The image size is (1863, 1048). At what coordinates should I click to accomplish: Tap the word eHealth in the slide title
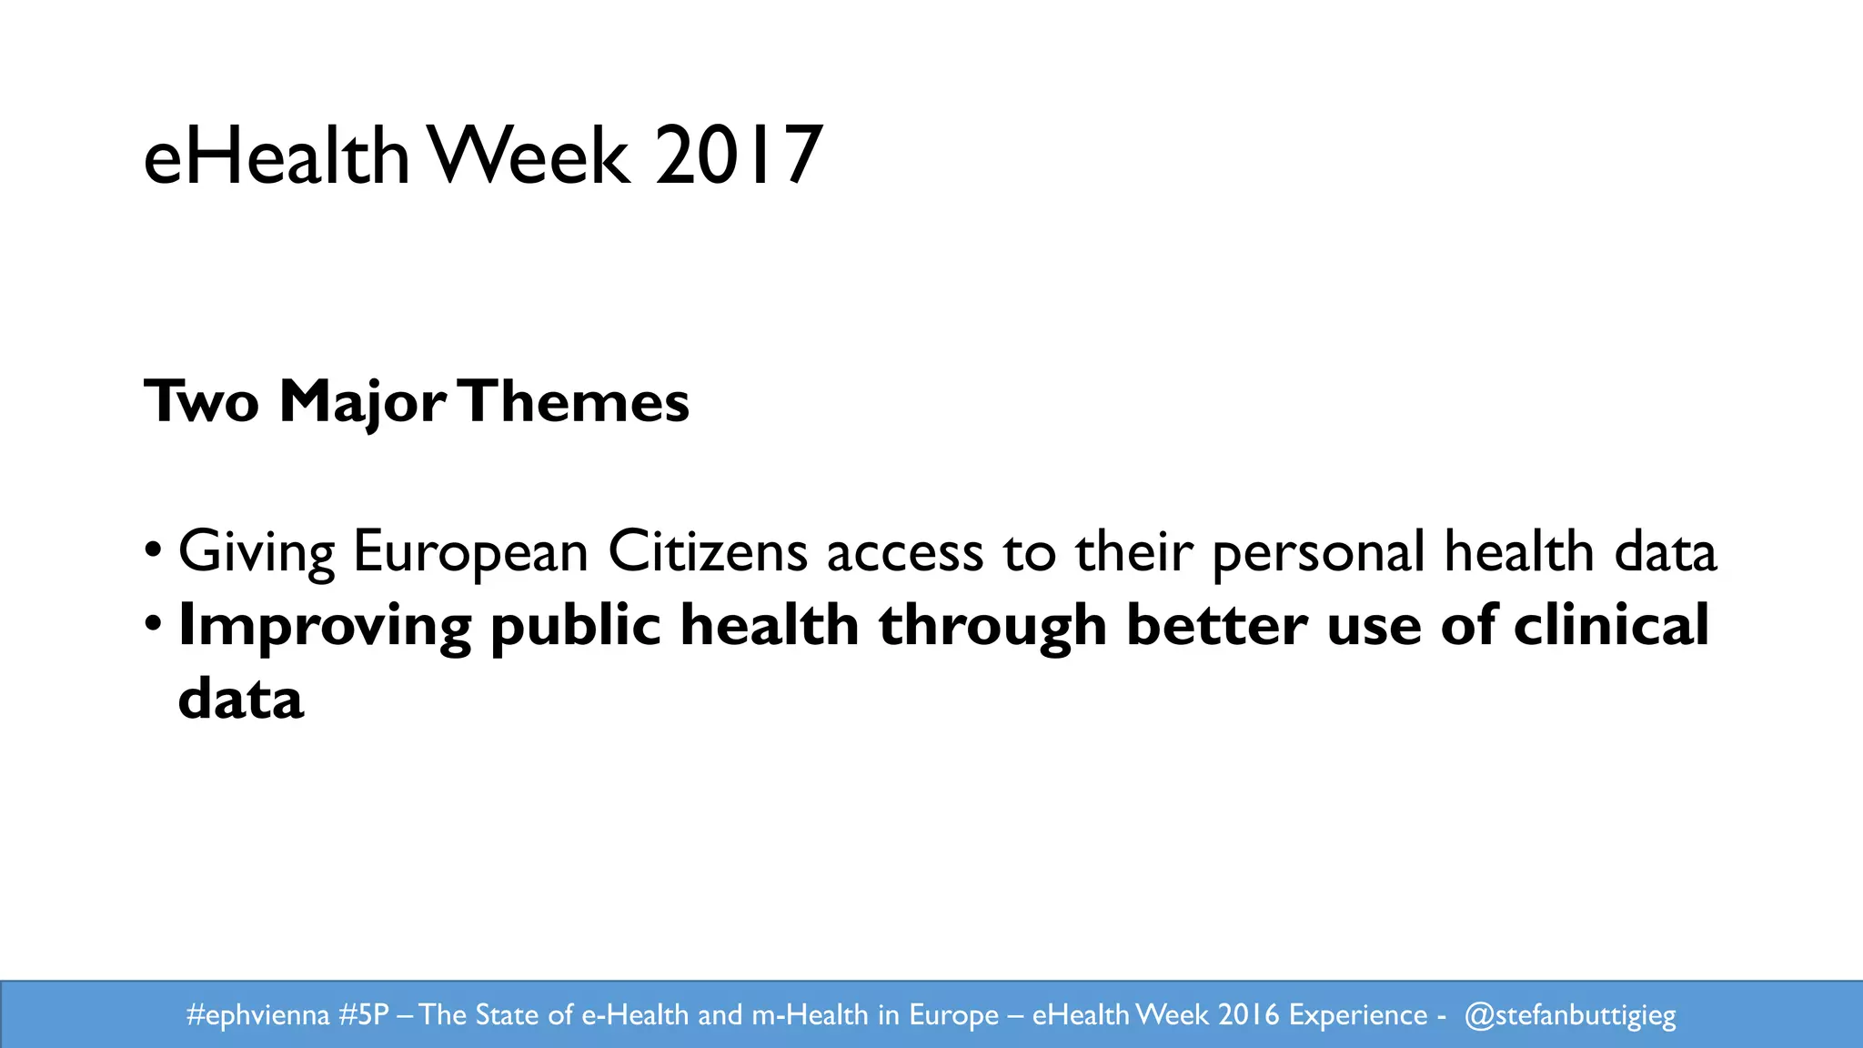tap(277, 156)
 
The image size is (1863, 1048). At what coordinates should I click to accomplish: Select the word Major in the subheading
tap(362, 401)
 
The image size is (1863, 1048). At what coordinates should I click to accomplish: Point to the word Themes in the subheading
tap(577, 401)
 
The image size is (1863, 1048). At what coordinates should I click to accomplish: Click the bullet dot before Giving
tap(154, 550)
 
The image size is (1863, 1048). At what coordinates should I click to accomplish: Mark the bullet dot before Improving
tap(154, 624)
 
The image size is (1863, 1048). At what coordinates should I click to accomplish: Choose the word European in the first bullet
tap(470, 551)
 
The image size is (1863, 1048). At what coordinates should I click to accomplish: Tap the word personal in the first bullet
tap(1318, 553)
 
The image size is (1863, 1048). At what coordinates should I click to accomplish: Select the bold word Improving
tap(325, 627)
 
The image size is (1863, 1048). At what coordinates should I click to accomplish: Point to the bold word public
tap(575, 627)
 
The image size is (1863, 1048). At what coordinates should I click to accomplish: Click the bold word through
tap(992, 627)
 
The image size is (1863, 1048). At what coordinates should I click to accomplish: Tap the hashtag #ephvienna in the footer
tap(257, 1014)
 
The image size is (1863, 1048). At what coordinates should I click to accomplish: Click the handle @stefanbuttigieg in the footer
tap(1570, 1015)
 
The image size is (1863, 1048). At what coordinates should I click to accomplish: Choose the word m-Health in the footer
tap(810, 1014)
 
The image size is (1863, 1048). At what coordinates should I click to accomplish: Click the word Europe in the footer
tap(953, 1015)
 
